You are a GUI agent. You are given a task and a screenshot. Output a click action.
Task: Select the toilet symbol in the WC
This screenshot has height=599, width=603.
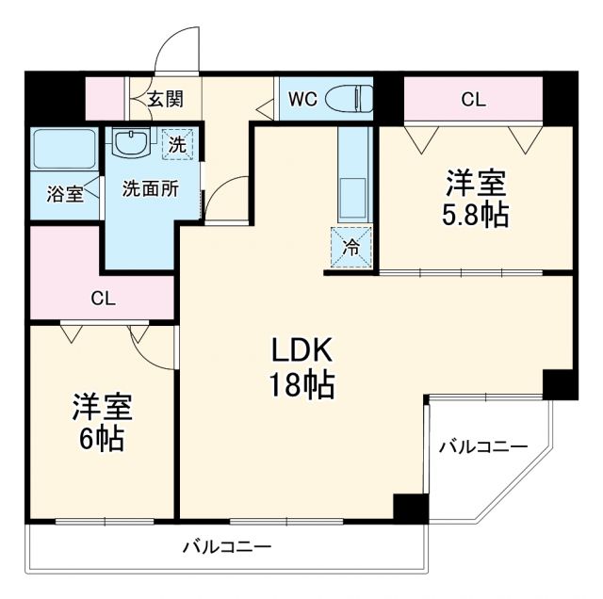(x=356, y=97)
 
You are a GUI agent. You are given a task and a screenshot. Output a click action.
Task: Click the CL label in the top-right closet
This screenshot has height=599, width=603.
(x=473, y=99)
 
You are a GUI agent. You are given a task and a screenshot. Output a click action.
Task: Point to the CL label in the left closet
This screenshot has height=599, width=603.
(x=103, y=299)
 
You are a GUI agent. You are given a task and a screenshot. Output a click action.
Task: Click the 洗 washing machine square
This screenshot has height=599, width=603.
(x=176, y=144)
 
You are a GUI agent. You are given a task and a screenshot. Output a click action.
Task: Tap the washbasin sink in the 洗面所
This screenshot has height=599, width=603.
(x=130, y=144)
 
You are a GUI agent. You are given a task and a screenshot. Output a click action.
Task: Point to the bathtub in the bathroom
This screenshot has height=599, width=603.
(x=63, y=149)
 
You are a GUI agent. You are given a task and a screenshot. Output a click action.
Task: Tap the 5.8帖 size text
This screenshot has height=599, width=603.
(x=475, y=215)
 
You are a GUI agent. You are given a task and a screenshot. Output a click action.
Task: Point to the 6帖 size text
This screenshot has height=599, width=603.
(x=102, y=440)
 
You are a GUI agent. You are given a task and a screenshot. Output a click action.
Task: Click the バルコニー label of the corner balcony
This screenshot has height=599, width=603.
(x=482, y=446)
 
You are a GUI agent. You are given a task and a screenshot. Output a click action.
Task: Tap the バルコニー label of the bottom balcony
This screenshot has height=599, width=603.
(x=226, y=546)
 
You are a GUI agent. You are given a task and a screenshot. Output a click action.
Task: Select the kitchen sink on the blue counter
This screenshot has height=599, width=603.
(x=356, y=194)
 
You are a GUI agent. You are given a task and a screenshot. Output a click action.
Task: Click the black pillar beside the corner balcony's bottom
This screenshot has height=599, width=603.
(x=410, y=508)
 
